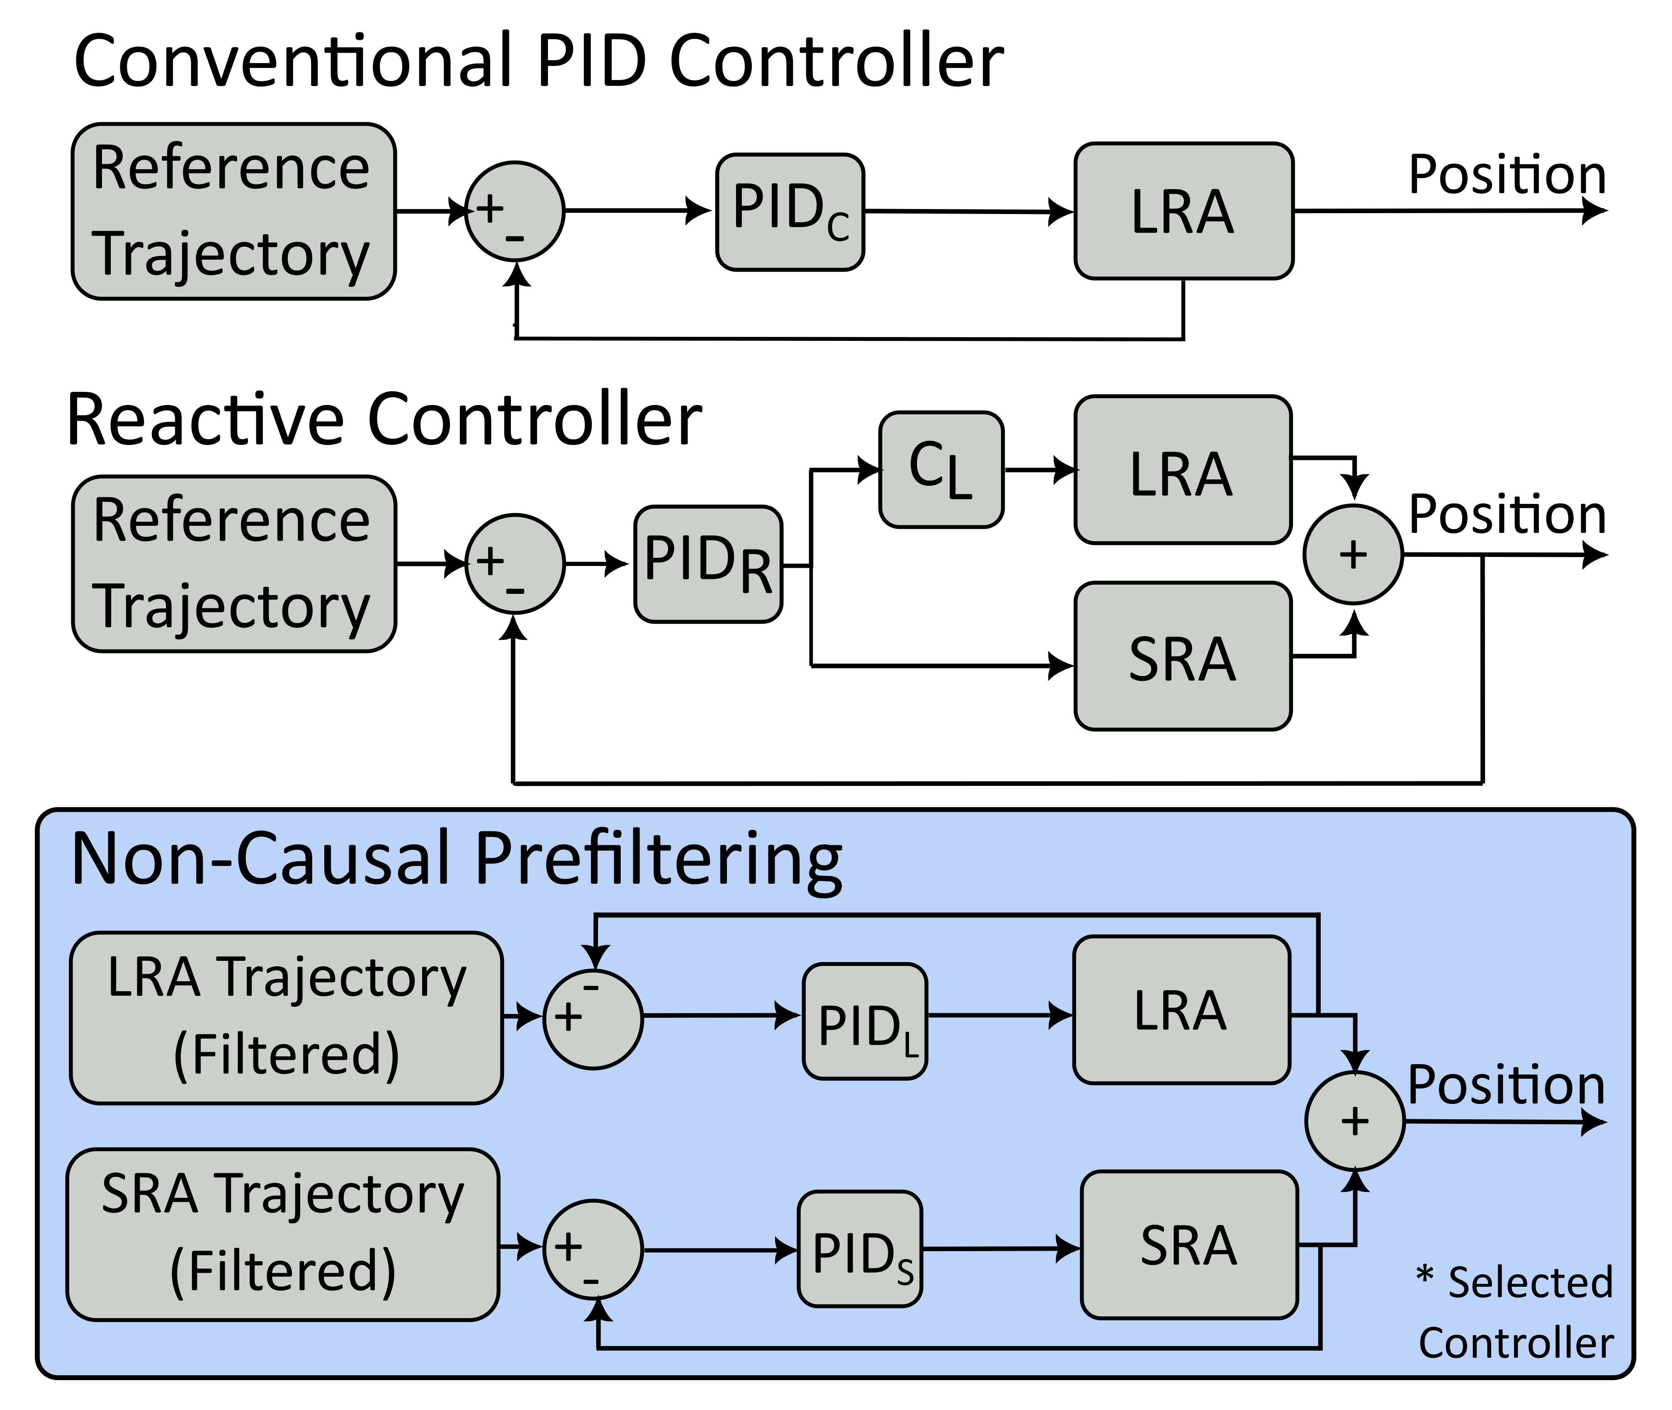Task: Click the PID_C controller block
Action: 790,212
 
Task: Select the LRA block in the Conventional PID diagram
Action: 1184,211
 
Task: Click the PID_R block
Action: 708,564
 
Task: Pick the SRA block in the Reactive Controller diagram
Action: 1183,655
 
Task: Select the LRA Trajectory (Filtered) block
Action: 286,1018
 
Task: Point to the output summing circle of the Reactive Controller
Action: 1353,554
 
